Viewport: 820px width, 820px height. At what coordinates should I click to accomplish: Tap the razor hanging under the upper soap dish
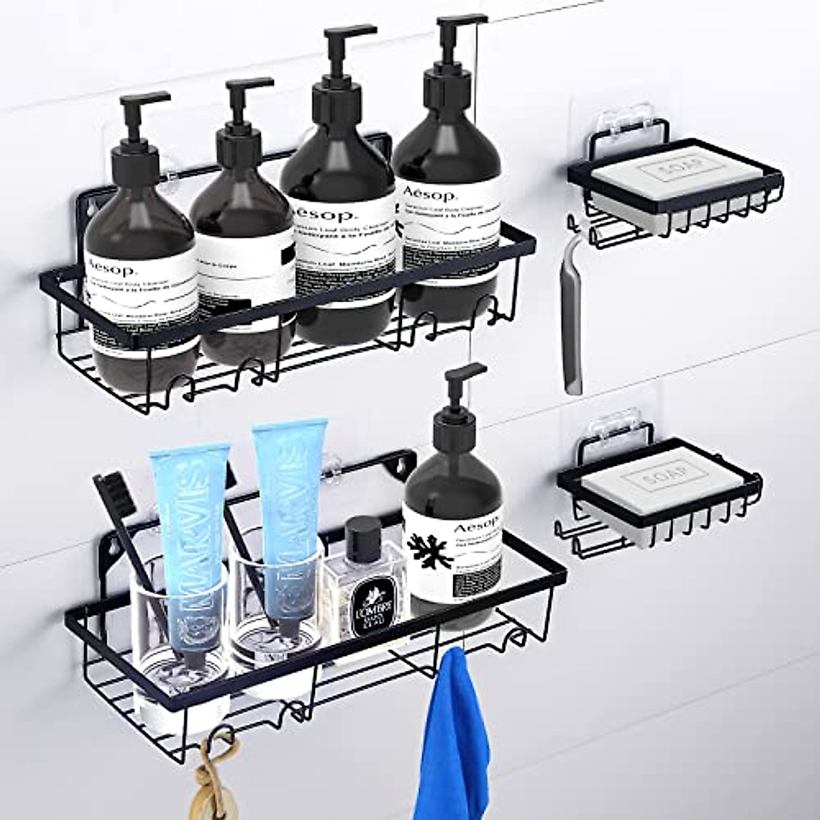573,321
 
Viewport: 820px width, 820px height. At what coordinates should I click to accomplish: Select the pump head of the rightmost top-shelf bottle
454,31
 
